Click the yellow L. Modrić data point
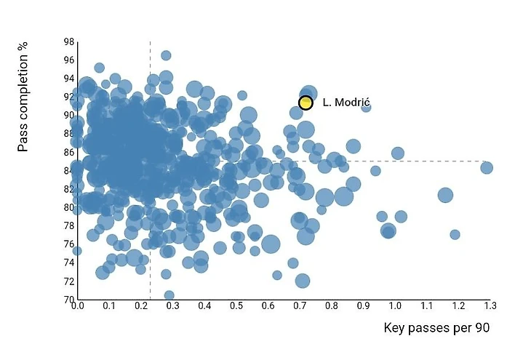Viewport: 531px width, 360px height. pos(306,103)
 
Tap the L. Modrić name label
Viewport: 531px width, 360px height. pos(347,103)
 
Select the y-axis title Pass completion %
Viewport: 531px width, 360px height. pos(23,96)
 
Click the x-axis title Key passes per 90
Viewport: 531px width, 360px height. pos(436,328)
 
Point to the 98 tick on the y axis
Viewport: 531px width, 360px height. pos(68,41)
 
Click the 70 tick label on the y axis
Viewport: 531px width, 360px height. pos(68,299)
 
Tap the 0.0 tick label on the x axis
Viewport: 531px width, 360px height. pos(77,306)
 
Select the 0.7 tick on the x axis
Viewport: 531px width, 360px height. pos(299,306)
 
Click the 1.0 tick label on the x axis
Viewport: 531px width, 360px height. pos(394,306)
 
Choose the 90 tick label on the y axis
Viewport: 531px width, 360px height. pos(68,115)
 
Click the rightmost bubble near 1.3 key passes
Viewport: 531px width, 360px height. pos(487,168)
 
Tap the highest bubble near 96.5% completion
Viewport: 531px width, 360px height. pos(166,55)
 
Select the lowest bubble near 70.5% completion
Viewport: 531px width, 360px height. pos(169,295)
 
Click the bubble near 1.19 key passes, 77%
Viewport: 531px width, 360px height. pos(455,234)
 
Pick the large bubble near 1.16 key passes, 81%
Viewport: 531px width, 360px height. pos(445,195)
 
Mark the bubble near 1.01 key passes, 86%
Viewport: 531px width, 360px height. pos(397,153)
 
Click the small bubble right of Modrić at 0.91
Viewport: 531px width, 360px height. pos(366,108)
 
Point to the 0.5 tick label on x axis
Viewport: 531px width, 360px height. pos(236,306)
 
